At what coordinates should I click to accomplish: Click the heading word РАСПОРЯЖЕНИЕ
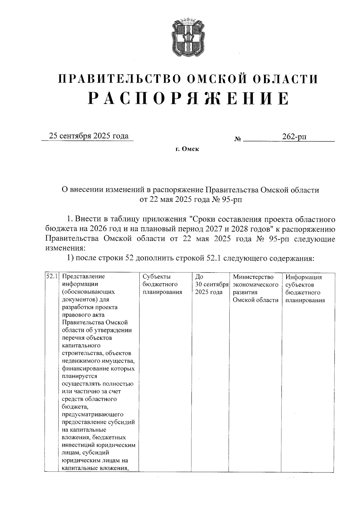[188, 98]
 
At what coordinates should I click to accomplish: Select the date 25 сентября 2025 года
[89, 136]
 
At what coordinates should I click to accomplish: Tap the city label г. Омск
[187, 149]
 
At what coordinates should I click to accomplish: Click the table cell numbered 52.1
[52, 276]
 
